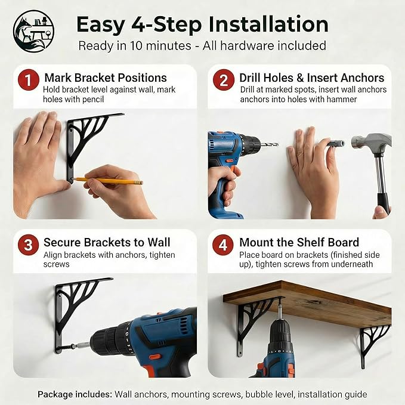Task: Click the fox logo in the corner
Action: pyautogui.click(x=34, y=31)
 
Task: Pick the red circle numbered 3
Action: pyautogui.click(x=28, y=245)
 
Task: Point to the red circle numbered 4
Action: pyautogui.click(x=223, y=245)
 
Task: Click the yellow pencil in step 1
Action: pyautogui.click(x=107, y=180)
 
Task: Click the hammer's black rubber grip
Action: pyautogui.click(x=383, y=203)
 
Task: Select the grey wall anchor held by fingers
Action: pyautogui.click(x=335, y=144)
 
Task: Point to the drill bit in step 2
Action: pyautogui.click(x=270, y=144)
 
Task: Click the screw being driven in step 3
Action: pyautogui.click(x=67, y=347)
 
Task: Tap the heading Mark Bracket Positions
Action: pyautogui.click(x=106, y=78)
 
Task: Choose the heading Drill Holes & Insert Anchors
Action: pyautogui.click(x=312, y=78)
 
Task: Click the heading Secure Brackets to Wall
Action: pyautogui.click(x=107, y=242)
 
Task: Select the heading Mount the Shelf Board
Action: pyautogui.click(x=299, y=242)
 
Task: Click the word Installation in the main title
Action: pyautogui.click(x=268, y=24)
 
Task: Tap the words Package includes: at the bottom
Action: pyautogui.click(x=75, y=394)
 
